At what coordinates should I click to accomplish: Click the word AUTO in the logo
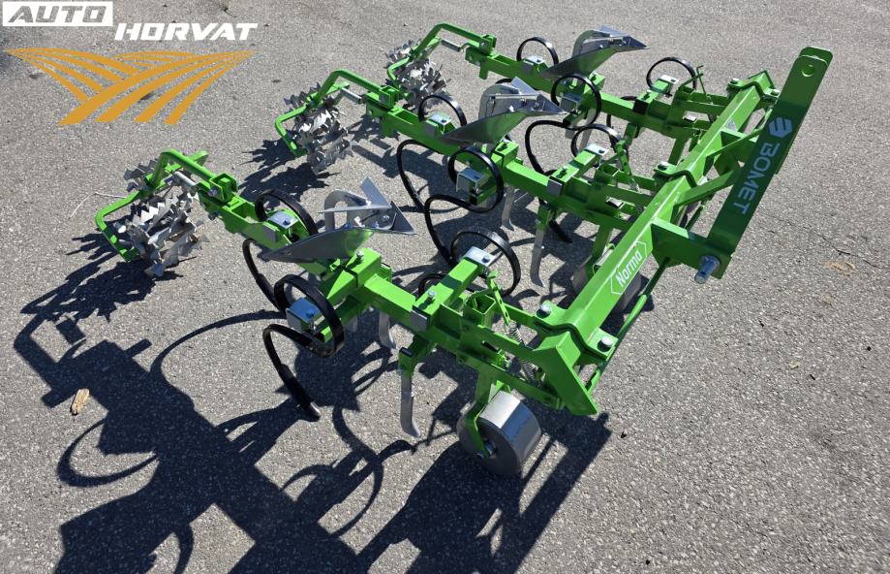click(x=57, y=14)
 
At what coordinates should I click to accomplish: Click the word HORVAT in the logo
click(x=186, y=31)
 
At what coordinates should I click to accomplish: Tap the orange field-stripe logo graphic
click(x=130, y=85)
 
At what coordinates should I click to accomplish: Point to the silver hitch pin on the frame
click(x=707, y=268)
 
